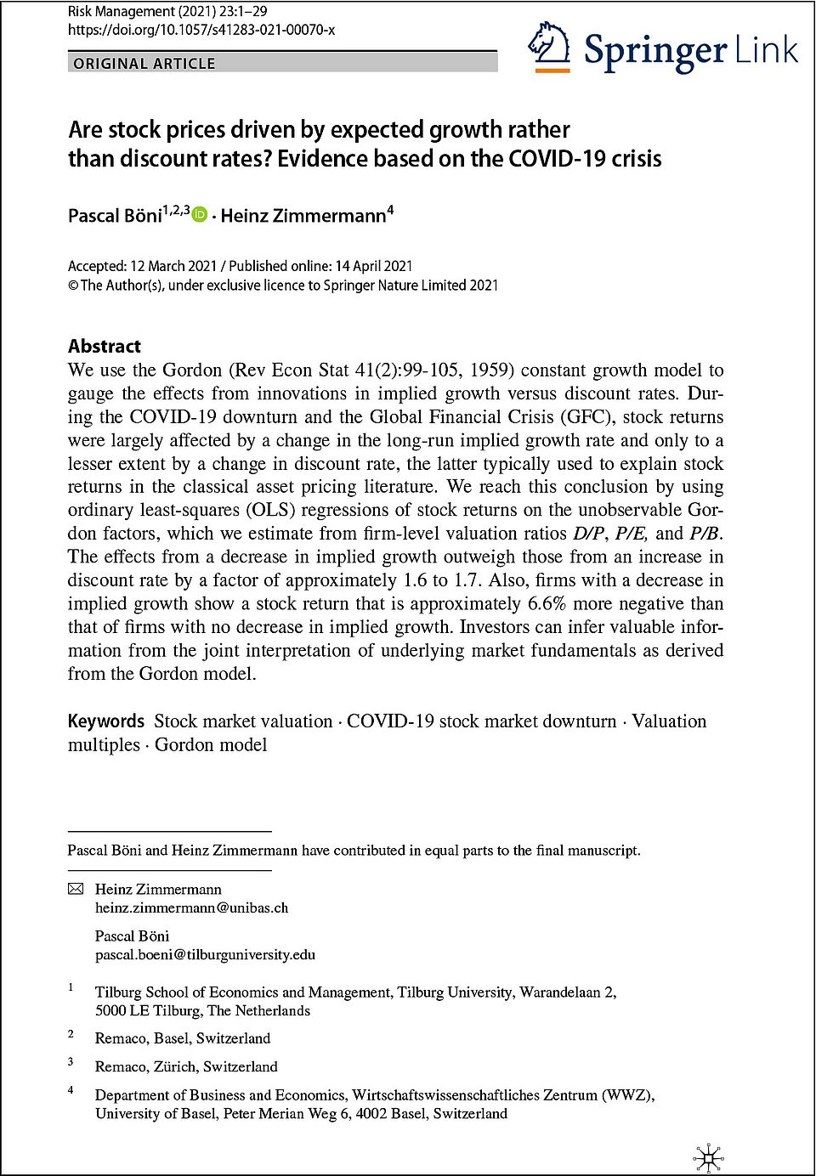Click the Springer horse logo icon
pos(549,48)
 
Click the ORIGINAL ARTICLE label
pos(144,63)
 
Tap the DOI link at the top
pos(201,30)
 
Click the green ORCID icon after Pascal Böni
pos(200,215)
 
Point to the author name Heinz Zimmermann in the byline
pos(303,216)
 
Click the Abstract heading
pos(105,346)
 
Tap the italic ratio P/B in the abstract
pos(705,534)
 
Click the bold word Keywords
pos(106,721)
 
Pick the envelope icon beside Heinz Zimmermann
pos(76,889)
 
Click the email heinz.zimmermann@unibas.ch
pos(191,907)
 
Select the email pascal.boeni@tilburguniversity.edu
pos(205,954)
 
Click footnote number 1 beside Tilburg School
pos(71,987)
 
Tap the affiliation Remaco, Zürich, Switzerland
pos(186,1066)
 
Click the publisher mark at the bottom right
pos(708,1157)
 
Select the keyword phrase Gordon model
pos(211,745)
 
